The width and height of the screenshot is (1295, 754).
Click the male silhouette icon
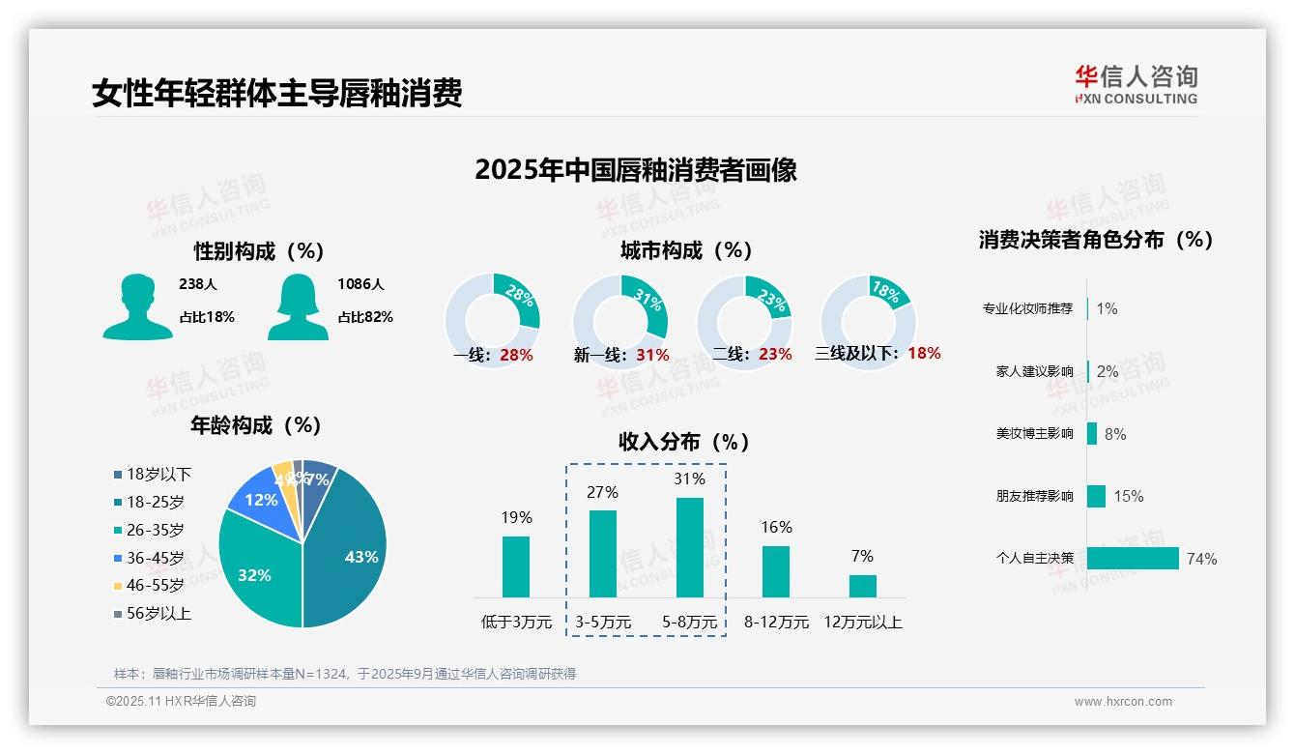pyautogui.click(x=137, y=306)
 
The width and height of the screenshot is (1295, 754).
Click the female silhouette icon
pyautogui.click(x=298, y=306)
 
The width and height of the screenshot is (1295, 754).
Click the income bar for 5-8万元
pyautogui.click(x=689, y=547)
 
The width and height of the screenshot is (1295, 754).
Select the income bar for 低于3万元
pyautogui.click(x=516, y=566)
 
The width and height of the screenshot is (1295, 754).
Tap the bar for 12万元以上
pyautogui.click(x=862, y=586)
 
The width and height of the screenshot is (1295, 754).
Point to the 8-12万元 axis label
pyautogui.click(x=776, y=622)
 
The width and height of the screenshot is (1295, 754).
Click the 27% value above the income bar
pyautogui.click(x=602, y=492)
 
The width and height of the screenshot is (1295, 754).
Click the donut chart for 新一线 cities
pyautogui.click(x=619, y=322)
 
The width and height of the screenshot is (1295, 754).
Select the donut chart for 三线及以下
pyautogui.click(x=868, y=322)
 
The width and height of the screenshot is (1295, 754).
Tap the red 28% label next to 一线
pyautogui.click(x=516, y=355)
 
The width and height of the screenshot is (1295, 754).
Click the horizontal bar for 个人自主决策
pyautogui.click(x=1133, y=558)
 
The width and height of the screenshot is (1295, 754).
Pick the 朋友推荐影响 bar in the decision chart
pyautogui.click(x=1096, y=496)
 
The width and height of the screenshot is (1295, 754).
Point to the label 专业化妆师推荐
pyautogui.click(x=1027, y=309)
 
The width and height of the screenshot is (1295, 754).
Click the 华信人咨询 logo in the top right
pyautogui.click(x=1136, y=84)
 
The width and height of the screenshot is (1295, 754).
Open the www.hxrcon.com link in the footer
pyautogui.click(x=1123, y=702)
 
